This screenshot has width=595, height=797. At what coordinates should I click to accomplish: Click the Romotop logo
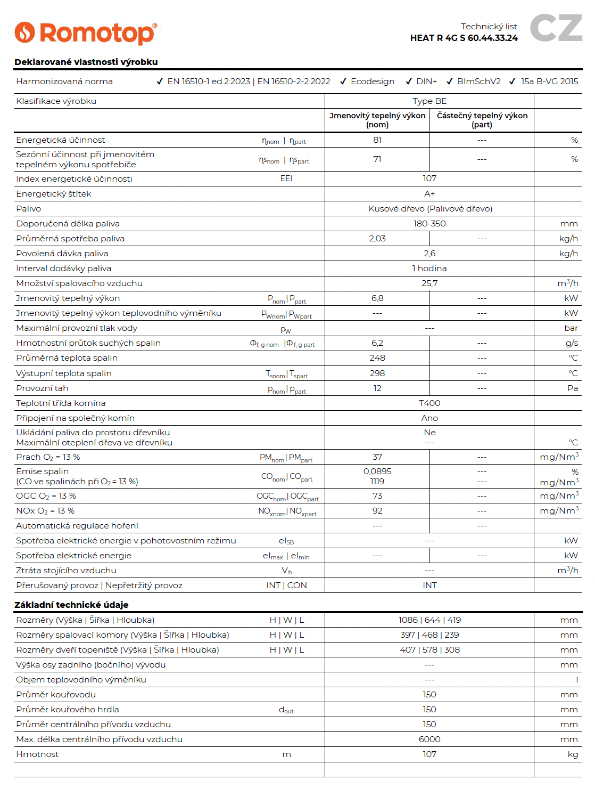coord(86,33)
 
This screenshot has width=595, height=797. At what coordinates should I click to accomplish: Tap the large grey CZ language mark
coord(556,28)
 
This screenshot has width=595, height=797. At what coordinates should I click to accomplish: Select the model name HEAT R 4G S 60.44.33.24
coord(464,38)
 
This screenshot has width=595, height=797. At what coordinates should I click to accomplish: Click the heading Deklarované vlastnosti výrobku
coord(86,62)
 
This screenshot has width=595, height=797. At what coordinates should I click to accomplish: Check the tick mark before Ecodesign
coord(344,82)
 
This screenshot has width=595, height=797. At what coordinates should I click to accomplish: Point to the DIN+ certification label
coord(426,82)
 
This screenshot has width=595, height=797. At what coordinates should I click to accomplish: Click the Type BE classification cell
coord(429,101)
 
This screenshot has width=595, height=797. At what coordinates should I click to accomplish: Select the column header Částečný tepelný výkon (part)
coord(482,120)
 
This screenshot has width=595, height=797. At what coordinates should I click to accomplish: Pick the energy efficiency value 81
coord(377,140)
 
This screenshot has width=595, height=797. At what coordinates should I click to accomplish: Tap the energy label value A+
coord(429,194)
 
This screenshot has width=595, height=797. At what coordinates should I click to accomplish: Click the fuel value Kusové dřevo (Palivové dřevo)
coord(430,209)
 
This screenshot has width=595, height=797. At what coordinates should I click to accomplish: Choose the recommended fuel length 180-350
coord(429,224)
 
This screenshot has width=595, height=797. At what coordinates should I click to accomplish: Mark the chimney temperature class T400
coord(429,403)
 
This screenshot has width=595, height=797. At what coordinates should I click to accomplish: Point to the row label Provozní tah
coord(42,388)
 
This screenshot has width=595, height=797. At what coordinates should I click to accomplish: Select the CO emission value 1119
coord(377,482)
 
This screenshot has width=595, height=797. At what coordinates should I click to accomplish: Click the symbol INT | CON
coord(286,585)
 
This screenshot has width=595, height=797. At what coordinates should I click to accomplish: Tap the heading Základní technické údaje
coord(71,605)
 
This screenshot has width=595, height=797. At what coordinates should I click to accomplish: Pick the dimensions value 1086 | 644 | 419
coord(429,620)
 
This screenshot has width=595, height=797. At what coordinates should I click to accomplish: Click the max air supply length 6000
coord(429,739)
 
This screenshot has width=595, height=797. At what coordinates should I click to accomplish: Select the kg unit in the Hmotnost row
coord(573,754)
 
